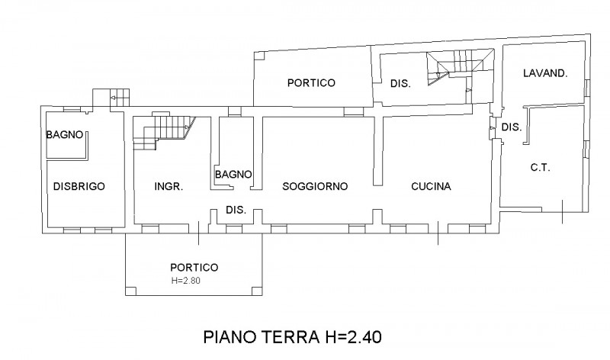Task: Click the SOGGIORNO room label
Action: (314, 186)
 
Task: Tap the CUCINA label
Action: (431, 186)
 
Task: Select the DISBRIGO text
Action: (79, 186)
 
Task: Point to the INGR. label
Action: (168, 186)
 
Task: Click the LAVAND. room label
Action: (544, 74)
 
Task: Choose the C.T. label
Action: (540, 167)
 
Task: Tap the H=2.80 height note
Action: (187, 280)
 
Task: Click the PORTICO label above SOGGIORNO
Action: (311, 84)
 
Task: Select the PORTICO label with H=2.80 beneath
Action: (194, 267)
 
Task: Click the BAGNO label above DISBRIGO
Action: (65, 136)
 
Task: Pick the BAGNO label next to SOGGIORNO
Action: (233, 175)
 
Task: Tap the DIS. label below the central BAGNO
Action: (235, 211)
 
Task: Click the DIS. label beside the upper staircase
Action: (400, 84)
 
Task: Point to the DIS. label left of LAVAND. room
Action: (511, 127)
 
